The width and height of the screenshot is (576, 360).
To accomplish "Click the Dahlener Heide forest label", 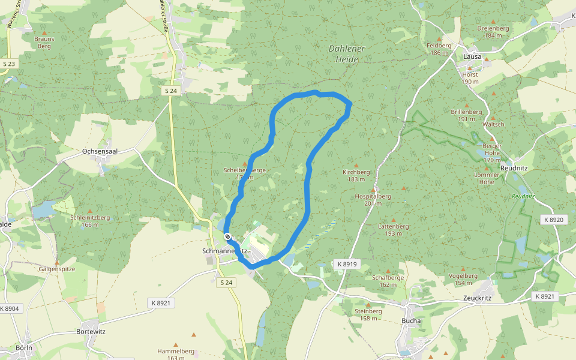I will [347, 53].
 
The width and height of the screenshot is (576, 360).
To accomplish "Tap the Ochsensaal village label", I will [99, 152].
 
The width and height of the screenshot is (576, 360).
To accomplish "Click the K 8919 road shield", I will [347, 264].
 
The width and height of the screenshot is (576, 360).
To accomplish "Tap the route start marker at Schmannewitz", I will [227, 236].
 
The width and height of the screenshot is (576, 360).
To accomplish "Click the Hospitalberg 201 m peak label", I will [373, 199].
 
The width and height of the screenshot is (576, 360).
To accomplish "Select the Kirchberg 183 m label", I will [356, 175].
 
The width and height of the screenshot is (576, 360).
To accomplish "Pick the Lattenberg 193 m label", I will [394, 229].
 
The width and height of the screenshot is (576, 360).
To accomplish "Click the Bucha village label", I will [411, 320].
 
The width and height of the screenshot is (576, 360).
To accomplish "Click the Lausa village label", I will [472, 56].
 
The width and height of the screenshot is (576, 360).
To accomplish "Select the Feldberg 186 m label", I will [439, 49].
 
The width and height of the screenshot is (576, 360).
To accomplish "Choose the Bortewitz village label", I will [91, 331].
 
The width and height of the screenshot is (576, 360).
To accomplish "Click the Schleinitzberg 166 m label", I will [90, 220].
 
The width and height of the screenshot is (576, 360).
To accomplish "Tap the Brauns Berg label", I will [44, 42].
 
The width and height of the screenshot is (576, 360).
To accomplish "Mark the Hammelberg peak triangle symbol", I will [193, 334].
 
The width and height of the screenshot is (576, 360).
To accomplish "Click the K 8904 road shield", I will [10, 308].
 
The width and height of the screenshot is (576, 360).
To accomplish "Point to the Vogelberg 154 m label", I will [463, 279].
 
